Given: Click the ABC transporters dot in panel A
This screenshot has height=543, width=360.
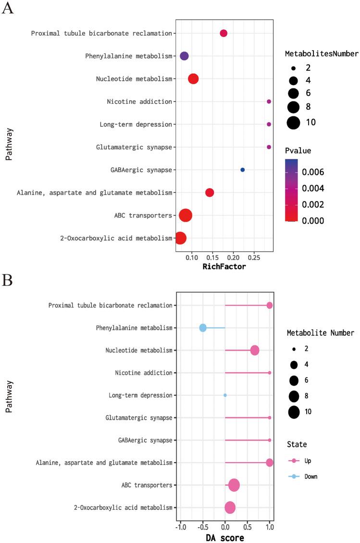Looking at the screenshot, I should (186, 215).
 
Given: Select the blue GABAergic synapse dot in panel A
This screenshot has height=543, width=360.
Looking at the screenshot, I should (242, 170).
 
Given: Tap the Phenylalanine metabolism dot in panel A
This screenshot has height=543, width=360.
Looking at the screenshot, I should (184, 56).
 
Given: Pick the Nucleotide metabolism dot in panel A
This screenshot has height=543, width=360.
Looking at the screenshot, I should (193, 79).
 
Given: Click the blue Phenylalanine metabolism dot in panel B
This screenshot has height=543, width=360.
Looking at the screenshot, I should (203, 328).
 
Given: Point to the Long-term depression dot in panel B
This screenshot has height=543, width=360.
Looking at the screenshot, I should (225, 395).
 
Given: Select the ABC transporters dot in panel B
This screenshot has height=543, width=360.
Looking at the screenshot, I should (234, 485).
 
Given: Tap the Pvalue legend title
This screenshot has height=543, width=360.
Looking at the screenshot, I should (298, 151).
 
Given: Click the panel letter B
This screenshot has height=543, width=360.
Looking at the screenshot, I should (7, 280).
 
